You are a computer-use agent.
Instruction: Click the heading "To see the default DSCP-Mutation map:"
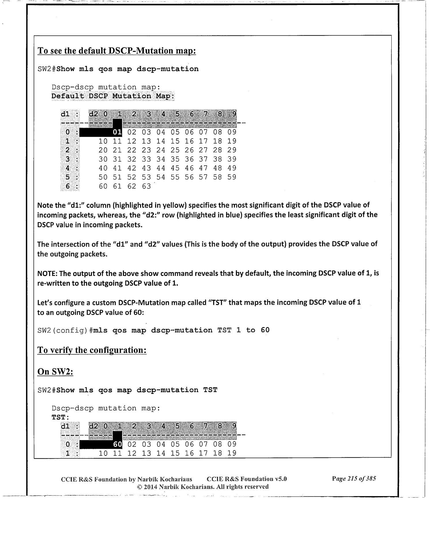coord(117,51)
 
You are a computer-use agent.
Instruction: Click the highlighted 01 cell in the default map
coord(117,132)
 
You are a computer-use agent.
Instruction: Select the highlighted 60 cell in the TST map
coord(117,444)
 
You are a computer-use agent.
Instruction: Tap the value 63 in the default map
coord(146,186)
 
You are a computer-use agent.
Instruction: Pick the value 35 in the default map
coord(175,159)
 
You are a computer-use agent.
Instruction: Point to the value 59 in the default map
coord(232,177)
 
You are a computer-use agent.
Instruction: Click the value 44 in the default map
coord(161,168)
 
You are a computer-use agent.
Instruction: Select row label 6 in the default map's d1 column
coord(68,186)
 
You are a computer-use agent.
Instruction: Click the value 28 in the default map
coord(218,150)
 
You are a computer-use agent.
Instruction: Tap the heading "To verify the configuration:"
coord(92,350)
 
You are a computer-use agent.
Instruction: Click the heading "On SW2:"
coord(55,372)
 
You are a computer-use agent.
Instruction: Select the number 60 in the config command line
coord(265,330)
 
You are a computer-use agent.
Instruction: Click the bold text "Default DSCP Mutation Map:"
coord(113,96)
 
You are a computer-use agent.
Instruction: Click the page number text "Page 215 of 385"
coord(354,479)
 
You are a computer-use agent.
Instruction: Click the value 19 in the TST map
coord(232,453)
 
